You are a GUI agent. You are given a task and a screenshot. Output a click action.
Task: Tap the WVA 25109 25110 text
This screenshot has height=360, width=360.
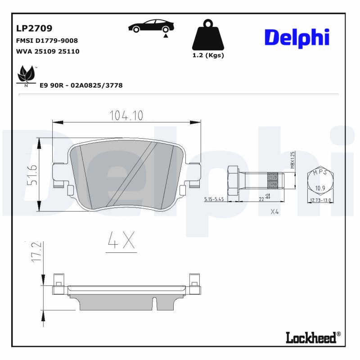click(47, 51)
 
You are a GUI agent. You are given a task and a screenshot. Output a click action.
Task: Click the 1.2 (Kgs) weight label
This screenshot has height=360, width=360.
click(208, 55)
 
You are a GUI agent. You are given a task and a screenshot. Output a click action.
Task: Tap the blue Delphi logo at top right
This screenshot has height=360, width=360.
click(297, 39)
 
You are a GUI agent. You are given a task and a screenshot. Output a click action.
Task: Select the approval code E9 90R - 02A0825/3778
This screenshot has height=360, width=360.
click(81, 85)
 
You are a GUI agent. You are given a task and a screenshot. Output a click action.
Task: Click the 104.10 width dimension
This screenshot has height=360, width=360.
click(126, 116)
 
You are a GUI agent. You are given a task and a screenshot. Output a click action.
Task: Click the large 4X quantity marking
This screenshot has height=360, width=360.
click(121, 241)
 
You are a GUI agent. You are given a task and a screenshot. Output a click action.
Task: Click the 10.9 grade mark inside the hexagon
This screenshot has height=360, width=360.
click(320, 188)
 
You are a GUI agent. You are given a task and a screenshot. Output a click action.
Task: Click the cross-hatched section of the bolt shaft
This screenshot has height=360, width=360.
click(273, 181)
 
